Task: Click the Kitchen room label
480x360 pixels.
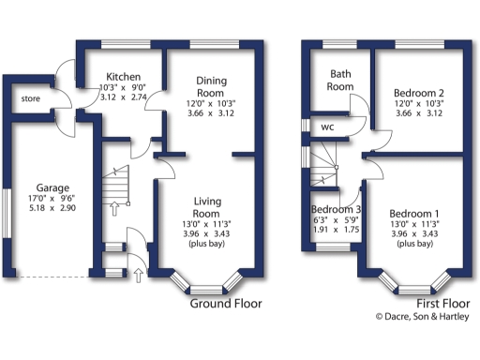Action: pos(123,77)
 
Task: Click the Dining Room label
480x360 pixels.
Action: pos(211,87)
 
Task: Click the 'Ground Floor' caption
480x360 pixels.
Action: pos(226,304)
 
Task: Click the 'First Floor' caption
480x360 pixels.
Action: pos(443,304)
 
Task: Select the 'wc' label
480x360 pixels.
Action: pos(328,127)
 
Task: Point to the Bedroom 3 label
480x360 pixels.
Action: pos(337,209)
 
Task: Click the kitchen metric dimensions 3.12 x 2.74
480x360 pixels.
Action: pos(123,98)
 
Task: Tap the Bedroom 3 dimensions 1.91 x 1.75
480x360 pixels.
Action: pos(337,230)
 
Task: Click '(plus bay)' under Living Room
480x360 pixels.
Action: pos(206,242)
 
